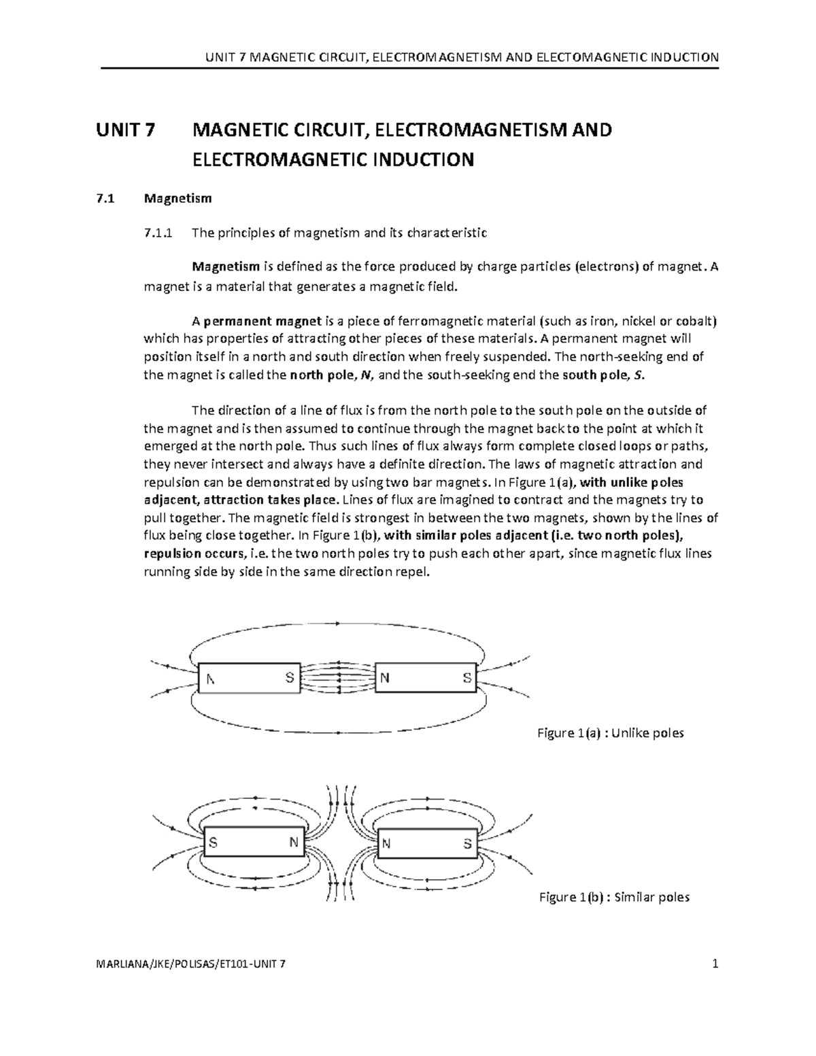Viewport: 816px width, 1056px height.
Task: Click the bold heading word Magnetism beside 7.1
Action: [177, 199]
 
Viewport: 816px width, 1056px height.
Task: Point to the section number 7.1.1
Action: [158, 233]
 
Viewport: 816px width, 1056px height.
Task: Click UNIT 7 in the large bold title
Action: [126, 130]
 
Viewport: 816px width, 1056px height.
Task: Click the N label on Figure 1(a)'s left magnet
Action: [211, 679]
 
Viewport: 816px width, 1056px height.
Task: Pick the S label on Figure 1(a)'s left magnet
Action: [290, 678]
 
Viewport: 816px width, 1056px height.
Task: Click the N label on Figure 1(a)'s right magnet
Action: [385, 678]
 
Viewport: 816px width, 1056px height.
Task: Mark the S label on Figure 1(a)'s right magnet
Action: [466, 678]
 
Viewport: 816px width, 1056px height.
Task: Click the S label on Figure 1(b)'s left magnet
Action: [214, 843]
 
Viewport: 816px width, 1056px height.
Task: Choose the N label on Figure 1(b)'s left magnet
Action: [294, 842]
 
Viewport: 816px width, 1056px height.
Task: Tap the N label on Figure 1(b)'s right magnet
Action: [386, 844]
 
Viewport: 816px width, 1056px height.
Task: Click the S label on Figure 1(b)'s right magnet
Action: [467, 844]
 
